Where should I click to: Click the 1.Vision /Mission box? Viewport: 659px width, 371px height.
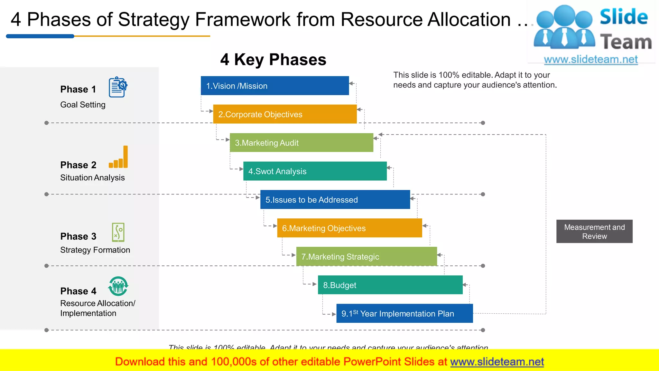(x=274, y=86)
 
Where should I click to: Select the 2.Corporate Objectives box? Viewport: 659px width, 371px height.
(x=285, y=114)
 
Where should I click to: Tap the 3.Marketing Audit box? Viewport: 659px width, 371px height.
(x=301, y=143)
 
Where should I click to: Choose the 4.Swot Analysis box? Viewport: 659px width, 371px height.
(x=315, y=171)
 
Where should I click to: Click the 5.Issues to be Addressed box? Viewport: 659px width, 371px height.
(x=335, y=200)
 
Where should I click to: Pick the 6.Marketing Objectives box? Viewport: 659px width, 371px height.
(x=349, y=228)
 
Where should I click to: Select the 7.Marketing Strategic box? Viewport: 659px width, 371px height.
(x=367, y=256)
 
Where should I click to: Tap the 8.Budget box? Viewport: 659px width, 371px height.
(x=390, y=285)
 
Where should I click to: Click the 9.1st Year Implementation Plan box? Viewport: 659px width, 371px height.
(x=404, y=313)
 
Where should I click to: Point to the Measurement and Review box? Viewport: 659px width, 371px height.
(x=594, y=232)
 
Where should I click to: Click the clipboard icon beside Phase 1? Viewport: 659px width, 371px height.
(x=118, y=87)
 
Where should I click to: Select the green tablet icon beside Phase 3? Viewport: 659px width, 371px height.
(x=118, y=232)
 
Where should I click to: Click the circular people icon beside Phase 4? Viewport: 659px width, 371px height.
(x=118, y=286)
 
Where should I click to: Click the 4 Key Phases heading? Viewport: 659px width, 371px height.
(x=273, y=60)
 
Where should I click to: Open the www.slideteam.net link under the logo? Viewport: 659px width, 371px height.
(x=590, y=59)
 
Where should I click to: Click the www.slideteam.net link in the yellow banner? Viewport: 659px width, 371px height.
(x=497, y=362)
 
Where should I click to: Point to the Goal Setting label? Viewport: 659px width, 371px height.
(x=83, y=105)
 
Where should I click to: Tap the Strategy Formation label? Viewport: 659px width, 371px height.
(x=95, y=250)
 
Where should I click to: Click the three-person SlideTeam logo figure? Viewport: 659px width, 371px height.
(x=564, y=27)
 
